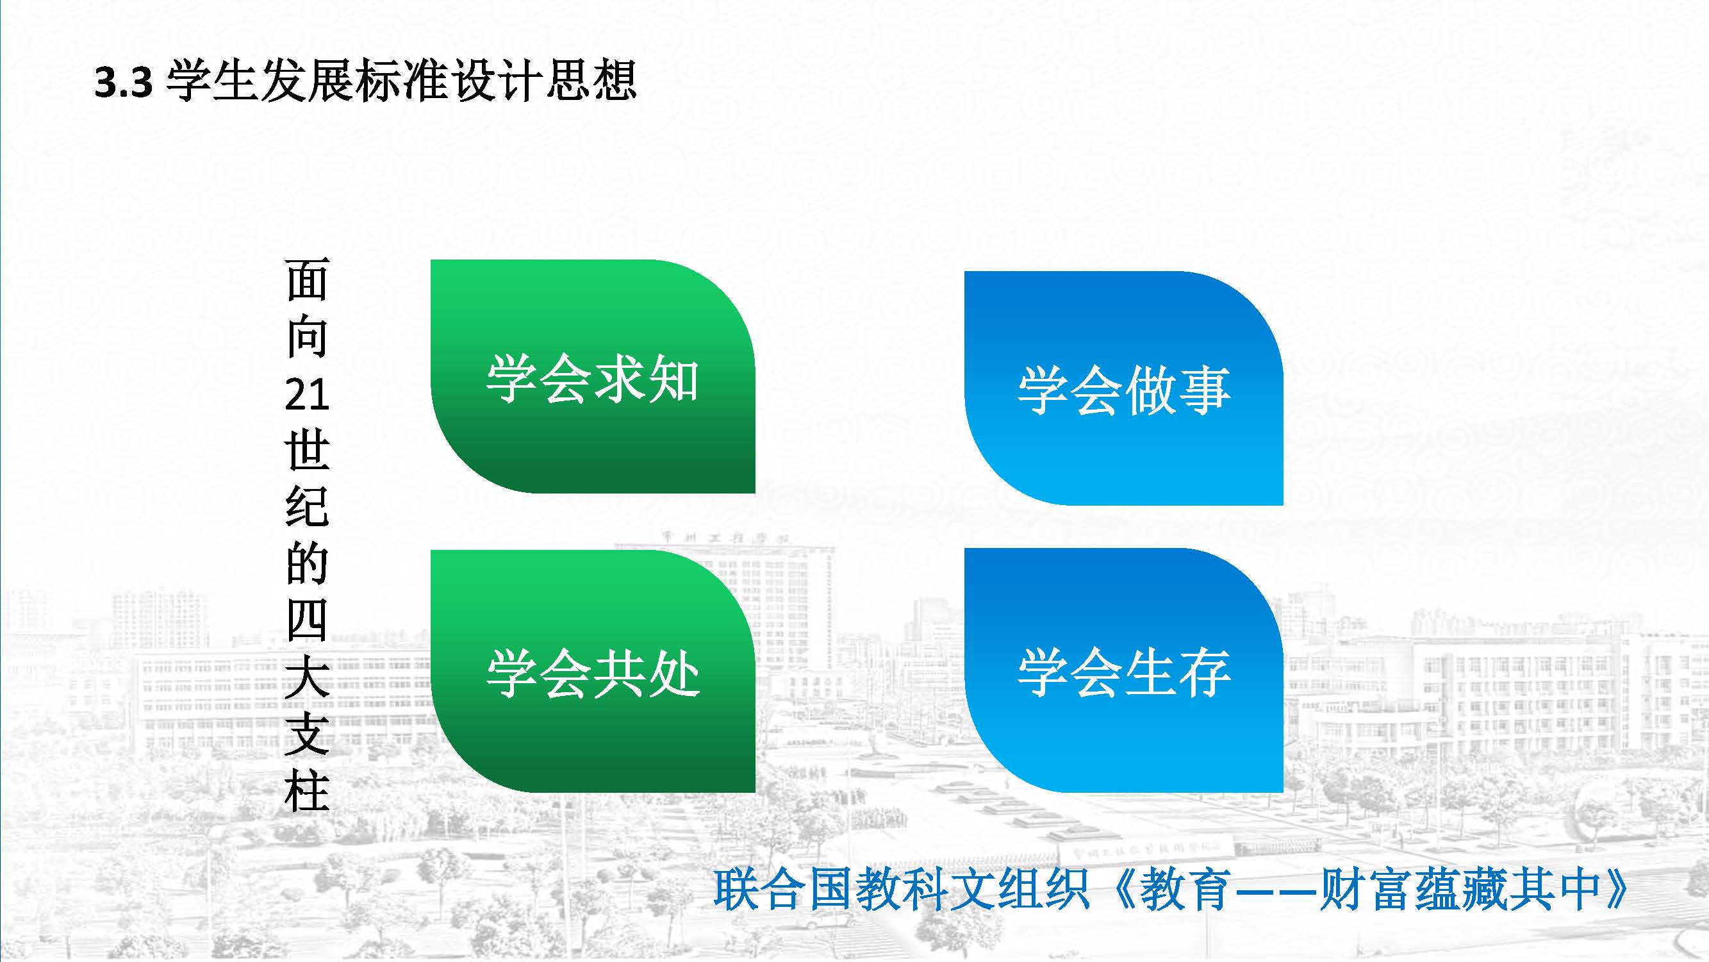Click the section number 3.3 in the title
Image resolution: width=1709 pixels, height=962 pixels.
click(124, 83)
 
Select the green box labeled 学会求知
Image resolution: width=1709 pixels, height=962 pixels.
click(593, 376)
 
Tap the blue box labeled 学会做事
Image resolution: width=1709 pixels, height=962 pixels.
click(1124, 388)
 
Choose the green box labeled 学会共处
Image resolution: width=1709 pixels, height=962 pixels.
click(593, 671)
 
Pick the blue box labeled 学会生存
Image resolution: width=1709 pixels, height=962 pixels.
click(1124, 671)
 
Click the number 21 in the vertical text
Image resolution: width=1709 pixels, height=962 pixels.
click(307, 395)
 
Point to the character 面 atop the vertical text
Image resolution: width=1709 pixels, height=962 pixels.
click(307, 280)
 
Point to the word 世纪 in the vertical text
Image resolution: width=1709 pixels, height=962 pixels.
click(307, 480)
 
